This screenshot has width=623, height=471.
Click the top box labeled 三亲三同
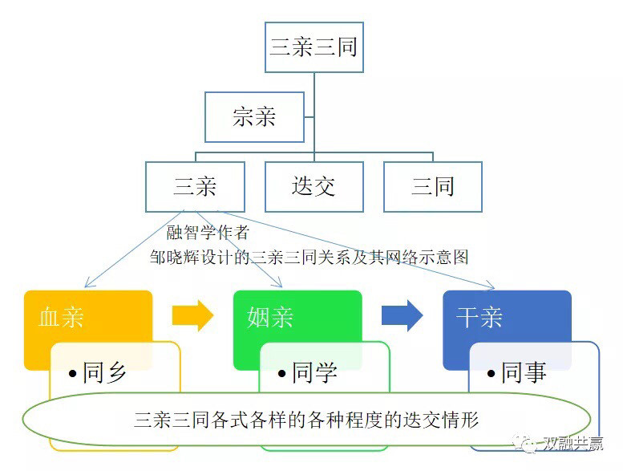tap(314, 47)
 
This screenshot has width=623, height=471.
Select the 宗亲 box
tap(254, 117)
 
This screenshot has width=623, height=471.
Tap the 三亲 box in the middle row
tap(195, 186)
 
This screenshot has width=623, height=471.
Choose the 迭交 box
tap(314, 186)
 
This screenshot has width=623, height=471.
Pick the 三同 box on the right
tap(433, 186)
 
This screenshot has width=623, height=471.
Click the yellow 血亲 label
tap(61, 317)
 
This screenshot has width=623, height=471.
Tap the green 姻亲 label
tap(270, 317)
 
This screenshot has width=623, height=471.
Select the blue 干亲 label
tap(479, 317)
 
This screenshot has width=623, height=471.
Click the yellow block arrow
tap(192, 316)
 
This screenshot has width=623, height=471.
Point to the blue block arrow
tap(402, 316)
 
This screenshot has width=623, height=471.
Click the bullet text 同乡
tap(104, 372)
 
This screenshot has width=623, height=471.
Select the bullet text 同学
tap(314, 372)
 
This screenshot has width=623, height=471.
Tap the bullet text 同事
tap(524, 372)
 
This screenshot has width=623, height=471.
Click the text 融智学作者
tap(208, 232)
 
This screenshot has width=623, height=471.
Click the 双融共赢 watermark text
tap(572, 443)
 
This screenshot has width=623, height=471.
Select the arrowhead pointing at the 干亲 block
tap(492, 287)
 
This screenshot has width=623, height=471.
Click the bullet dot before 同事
tap(491, 374)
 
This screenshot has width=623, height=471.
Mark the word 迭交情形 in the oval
tap(441, 420)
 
